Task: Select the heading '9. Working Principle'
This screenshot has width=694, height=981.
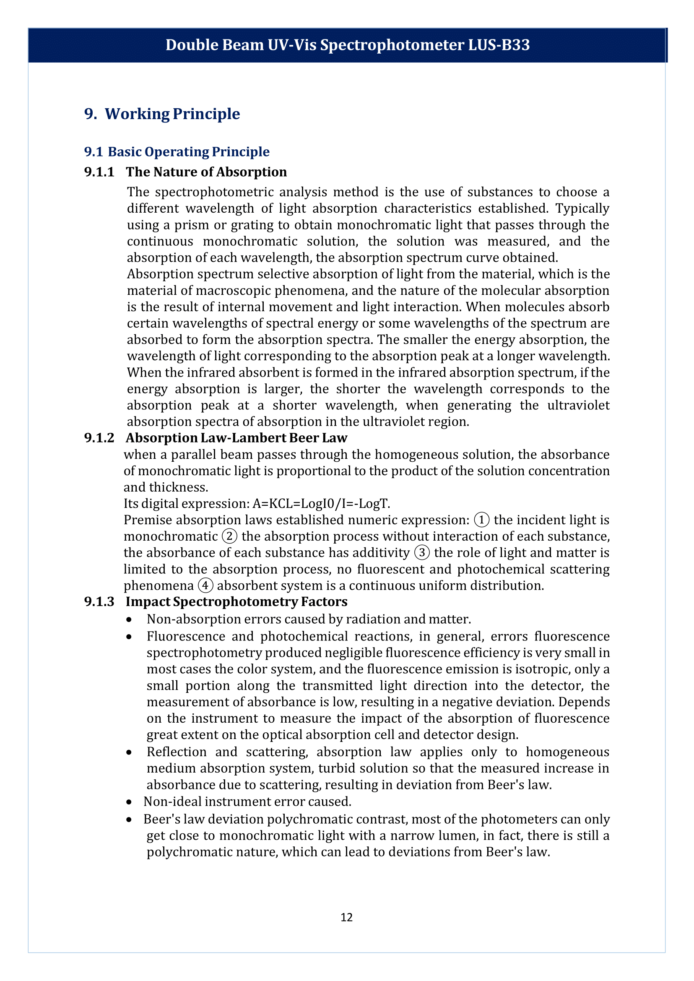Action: coord(162,114)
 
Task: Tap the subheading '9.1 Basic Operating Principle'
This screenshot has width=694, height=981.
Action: coord(177,152)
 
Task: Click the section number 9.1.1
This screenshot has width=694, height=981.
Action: coord(99,172)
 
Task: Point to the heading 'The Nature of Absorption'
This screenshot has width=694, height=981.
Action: coord(206,172)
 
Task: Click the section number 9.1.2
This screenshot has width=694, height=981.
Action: coord(99,438)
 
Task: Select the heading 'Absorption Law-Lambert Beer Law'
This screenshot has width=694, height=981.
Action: coord(237,438)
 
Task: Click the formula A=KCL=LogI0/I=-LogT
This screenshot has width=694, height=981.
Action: coord(321,504)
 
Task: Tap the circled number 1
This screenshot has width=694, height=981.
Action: coord(482,520)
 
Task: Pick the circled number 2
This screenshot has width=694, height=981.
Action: coord(229,536)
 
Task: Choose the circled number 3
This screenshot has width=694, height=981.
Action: coord(422,553)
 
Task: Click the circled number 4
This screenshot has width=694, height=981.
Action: coord(205,585)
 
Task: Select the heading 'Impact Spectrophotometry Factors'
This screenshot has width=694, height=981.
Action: coord(237,601)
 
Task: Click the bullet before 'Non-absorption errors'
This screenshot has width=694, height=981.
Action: coord(129,619)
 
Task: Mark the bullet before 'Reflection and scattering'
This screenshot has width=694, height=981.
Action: coord(129,752)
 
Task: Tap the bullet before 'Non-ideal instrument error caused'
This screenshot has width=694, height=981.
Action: coord(129,802)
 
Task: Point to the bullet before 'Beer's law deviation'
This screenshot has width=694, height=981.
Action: coord(129,820)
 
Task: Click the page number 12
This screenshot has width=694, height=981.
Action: coord(346,917)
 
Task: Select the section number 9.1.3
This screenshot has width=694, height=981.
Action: coord(99,601)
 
